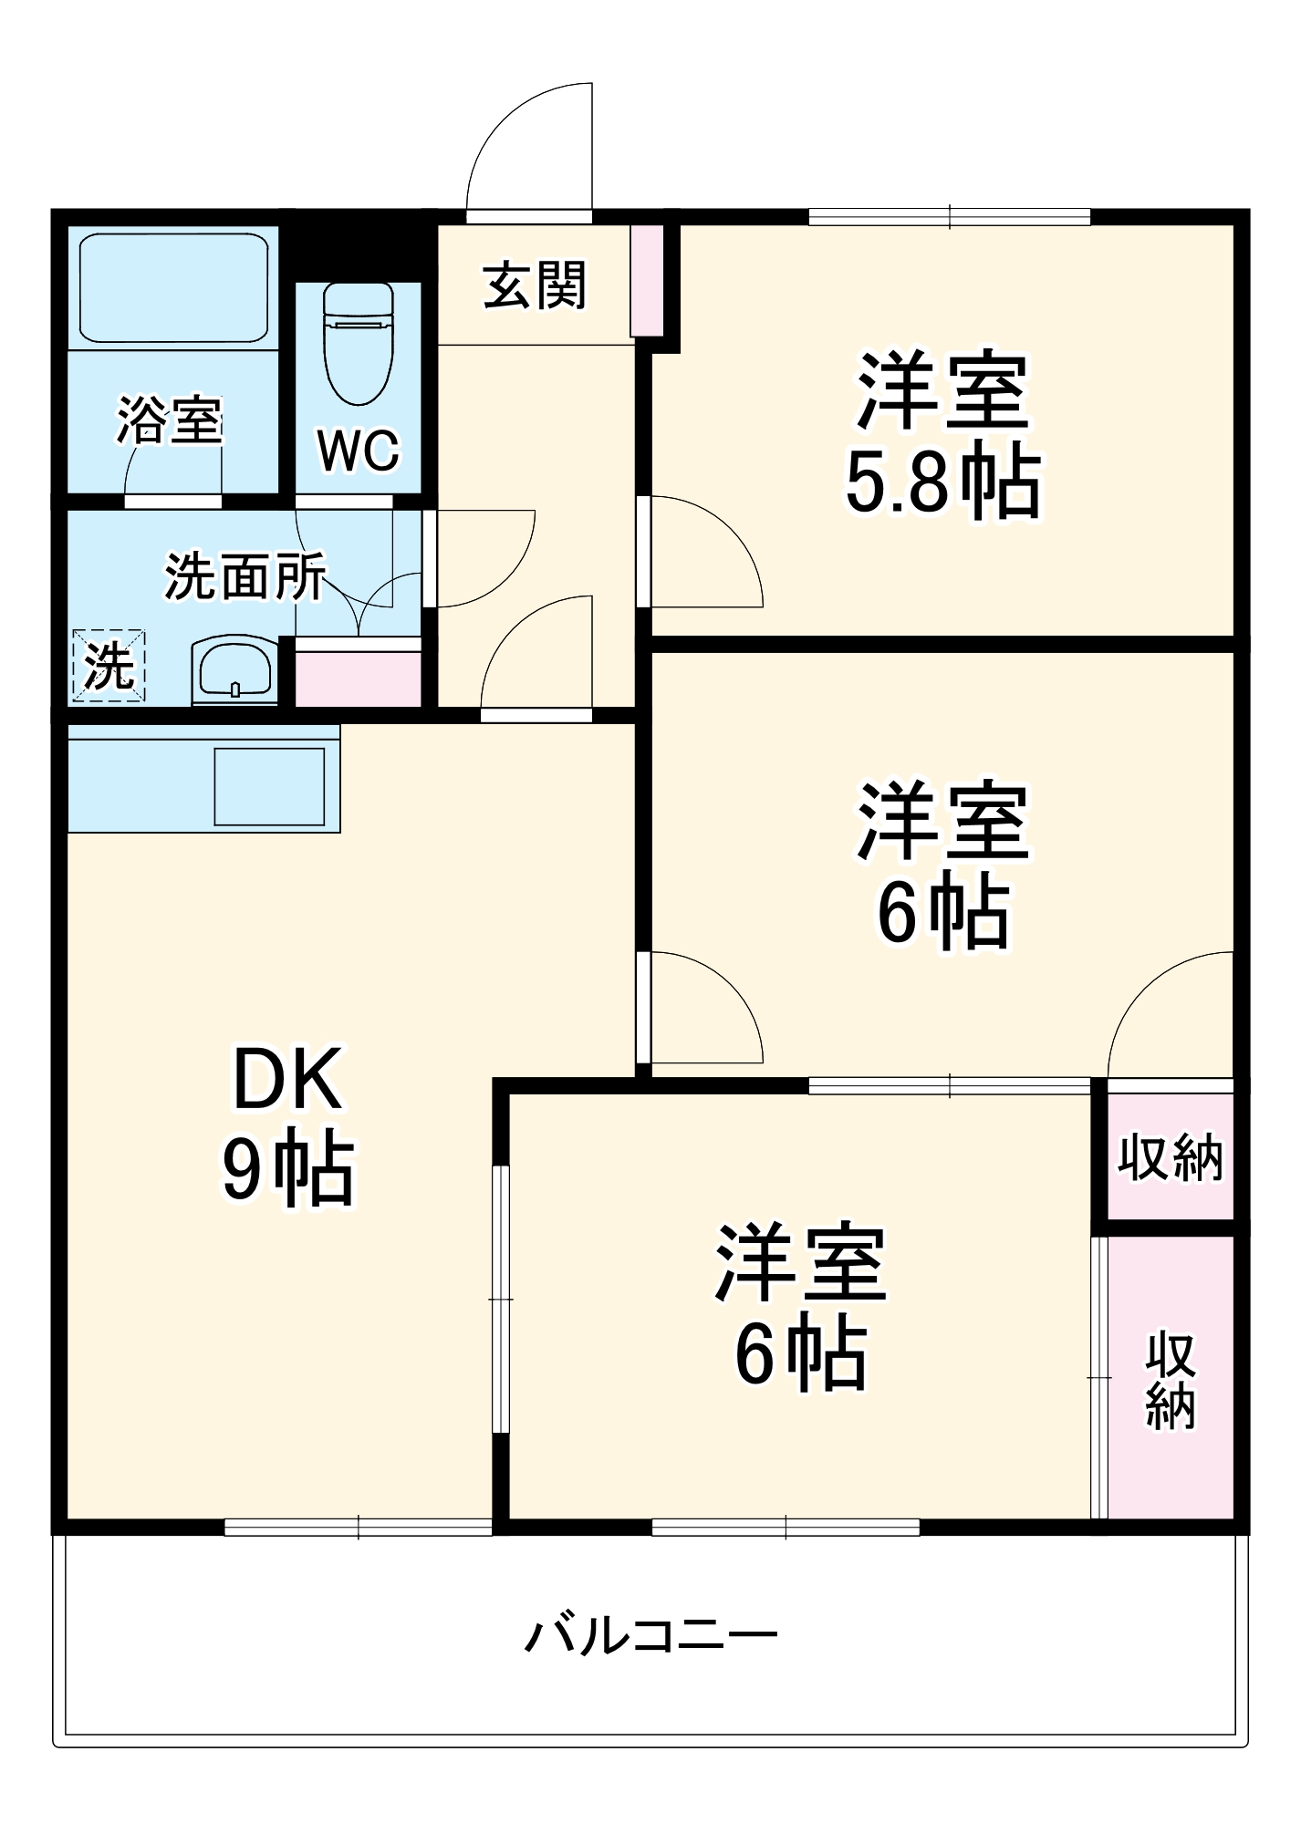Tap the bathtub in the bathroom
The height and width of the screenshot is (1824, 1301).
(173, 287)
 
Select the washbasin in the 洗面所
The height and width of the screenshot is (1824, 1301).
(234, 670)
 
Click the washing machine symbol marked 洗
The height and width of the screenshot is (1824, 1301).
(109, 666)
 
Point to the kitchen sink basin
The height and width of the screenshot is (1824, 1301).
(269, 785)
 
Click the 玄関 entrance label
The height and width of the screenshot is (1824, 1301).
(535, 285)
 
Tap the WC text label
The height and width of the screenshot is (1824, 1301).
(359, 450)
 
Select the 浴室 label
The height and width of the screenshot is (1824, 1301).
(170, 420)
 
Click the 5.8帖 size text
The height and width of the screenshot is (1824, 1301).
(942, 482)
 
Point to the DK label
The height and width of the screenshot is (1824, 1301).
(287, 1080)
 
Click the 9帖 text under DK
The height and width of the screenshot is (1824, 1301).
(287, 1169)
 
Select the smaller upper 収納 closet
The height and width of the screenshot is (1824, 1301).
(1170, 1157)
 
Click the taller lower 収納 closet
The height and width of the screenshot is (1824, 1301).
(1171, 1380)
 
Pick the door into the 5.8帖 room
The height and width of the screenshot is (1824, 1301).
(703, 552)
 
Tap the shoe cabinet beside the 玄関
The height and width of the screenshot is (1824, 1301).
(647, 280)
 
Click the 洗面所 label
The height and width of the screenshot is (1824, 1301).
(245, 576)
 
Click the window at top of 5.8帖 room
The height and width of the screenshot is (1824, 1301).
(950, 217)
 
